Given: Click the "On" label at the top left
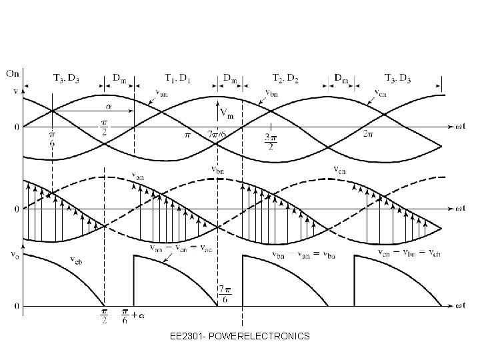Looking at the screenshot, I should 13,73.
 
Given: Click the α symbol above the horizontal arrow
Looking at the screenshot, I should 107,105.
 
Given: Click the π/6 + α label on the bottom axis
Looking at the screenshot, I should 134,314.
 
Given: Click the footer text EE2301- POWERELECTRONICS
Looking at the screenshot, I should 240,336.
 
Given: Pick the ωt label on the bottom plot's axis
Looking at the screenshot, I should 459,307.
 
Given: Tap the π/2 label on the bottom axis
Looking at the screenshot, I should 104,315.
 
